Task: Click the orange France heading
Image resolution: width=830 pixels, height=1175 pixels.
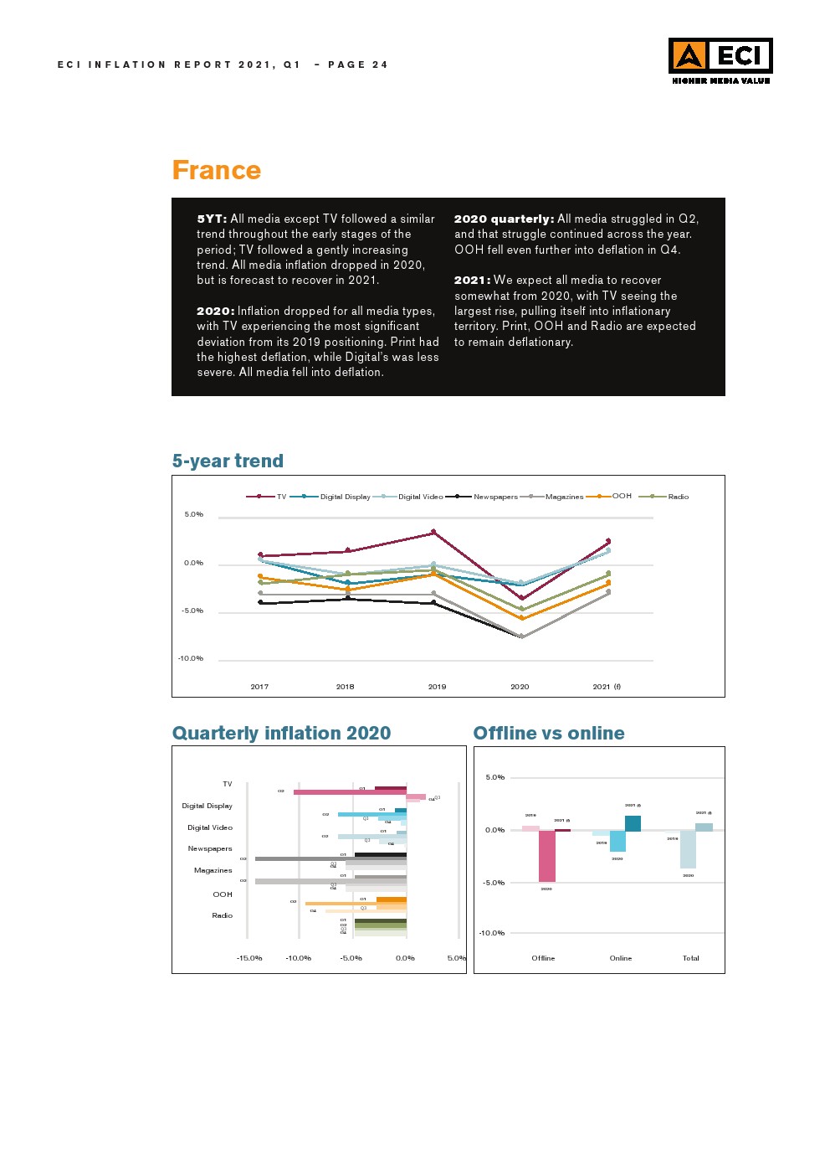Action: click(216, 170)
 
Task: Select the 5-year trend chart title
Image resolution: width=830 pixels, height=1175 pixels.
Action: click(228, 461)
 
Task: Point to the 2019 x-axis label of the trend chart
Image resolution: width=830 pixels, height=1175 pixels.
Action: click(437, 687)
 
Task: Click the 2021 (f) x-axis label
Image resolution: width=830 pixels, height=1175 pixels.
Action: click(607, 687)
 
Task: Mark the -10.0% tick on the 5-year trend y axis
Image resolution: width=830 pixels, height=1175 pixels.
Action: click(191, 658)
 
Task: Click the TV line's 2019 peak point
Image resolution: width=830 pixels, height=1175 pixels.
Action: click(433, 532)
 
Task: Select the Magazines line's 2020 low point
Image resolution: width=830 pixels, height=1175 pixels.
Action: click(522, 636)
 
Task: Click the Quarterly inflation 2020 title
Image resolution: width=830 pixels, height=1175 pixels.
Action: click(281, 733)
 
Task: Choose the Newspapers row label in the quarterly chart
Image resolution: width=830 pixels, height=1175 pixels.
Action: click(210, 848)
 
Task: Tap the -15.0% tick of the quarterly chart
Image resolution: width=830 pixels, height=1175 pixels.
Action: click(249, 958)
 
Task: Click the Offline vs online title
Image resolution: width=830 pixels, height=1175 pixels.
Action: click(549, 733)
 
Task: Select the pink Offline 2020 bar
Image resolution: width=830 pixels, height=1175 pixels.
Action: click(546, 856)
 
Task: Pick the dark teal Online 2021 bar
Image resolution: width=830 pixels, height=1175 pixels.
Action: click(633, 823)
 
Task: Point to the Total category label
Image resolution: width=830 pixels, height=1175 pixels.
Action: click(690, 958)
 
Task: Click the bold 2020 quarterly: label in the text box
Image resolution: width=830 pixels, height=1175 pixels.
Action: click(504, 219)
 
